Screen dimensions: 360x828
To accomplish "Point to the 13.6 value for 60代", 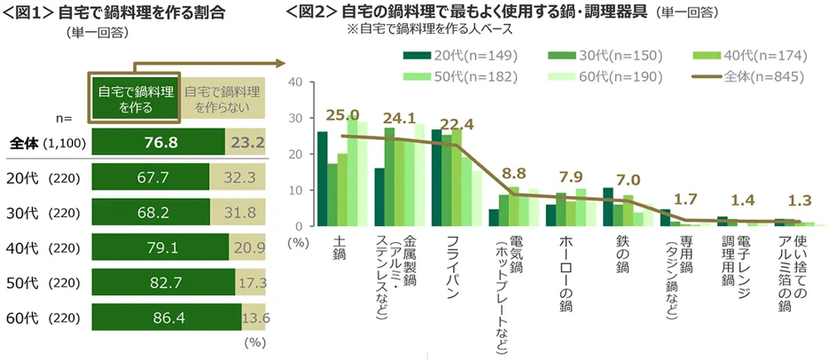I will click(x=255, y=317).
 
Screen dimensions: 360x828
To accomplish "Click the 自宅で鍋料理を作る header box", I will click(x=135, y=99).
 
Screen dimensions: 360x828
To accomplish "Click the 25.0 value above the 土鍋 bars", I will click(x=342, y=114).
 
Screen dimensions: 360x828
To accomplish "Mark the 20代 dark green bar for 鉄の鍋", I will click(x=608, y=207).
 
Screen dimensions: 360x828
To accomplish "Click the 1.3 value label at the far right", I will click(x=801, y=200).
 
